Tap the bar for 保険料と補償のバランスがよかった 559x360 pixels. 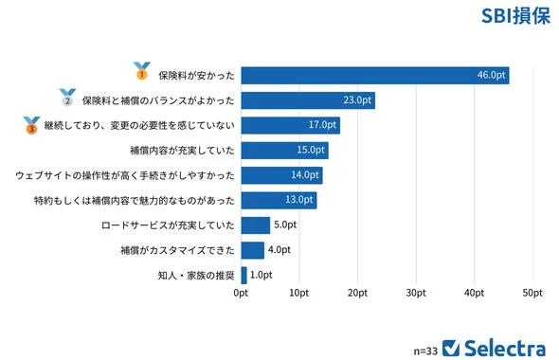pyautogui.click(x=308, y=100)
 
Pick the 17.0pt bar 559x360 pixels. pyautogui.click(x=290, y=125)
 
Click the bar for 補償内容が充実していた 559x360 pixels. pyautogui.click(x=284, y=150)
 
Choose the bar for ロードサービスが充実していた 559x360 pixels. pyautogui.click(x=256, y=225)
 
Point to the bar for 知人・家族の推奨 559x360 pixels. pyautogui.click(x=244, y=275)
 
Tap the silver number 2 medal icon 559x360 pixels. pyautogui.click(x=67, y=97)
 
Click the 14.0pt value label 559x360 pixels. pyautogui.click(x=305, y=175)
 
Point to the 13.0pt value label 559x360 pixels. pyautogui.click(x=299, y=200)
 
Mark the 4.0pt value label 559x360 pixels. pyautogui.click(x=279, y=250)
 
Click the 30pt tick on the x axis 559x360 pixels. pyautogui.click(x=415, y=294)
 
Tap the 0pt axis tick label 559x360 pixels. pyautogui.click(x=241, y=294)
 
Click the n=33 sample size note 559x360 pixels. pyautogui.click(x=425, y=350)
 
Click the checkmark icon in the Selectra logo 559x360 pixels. pyautogui.click(x=452, y=347)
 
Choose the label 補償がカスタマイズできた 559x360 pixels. pyautogui.click(x=179, y=250)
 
